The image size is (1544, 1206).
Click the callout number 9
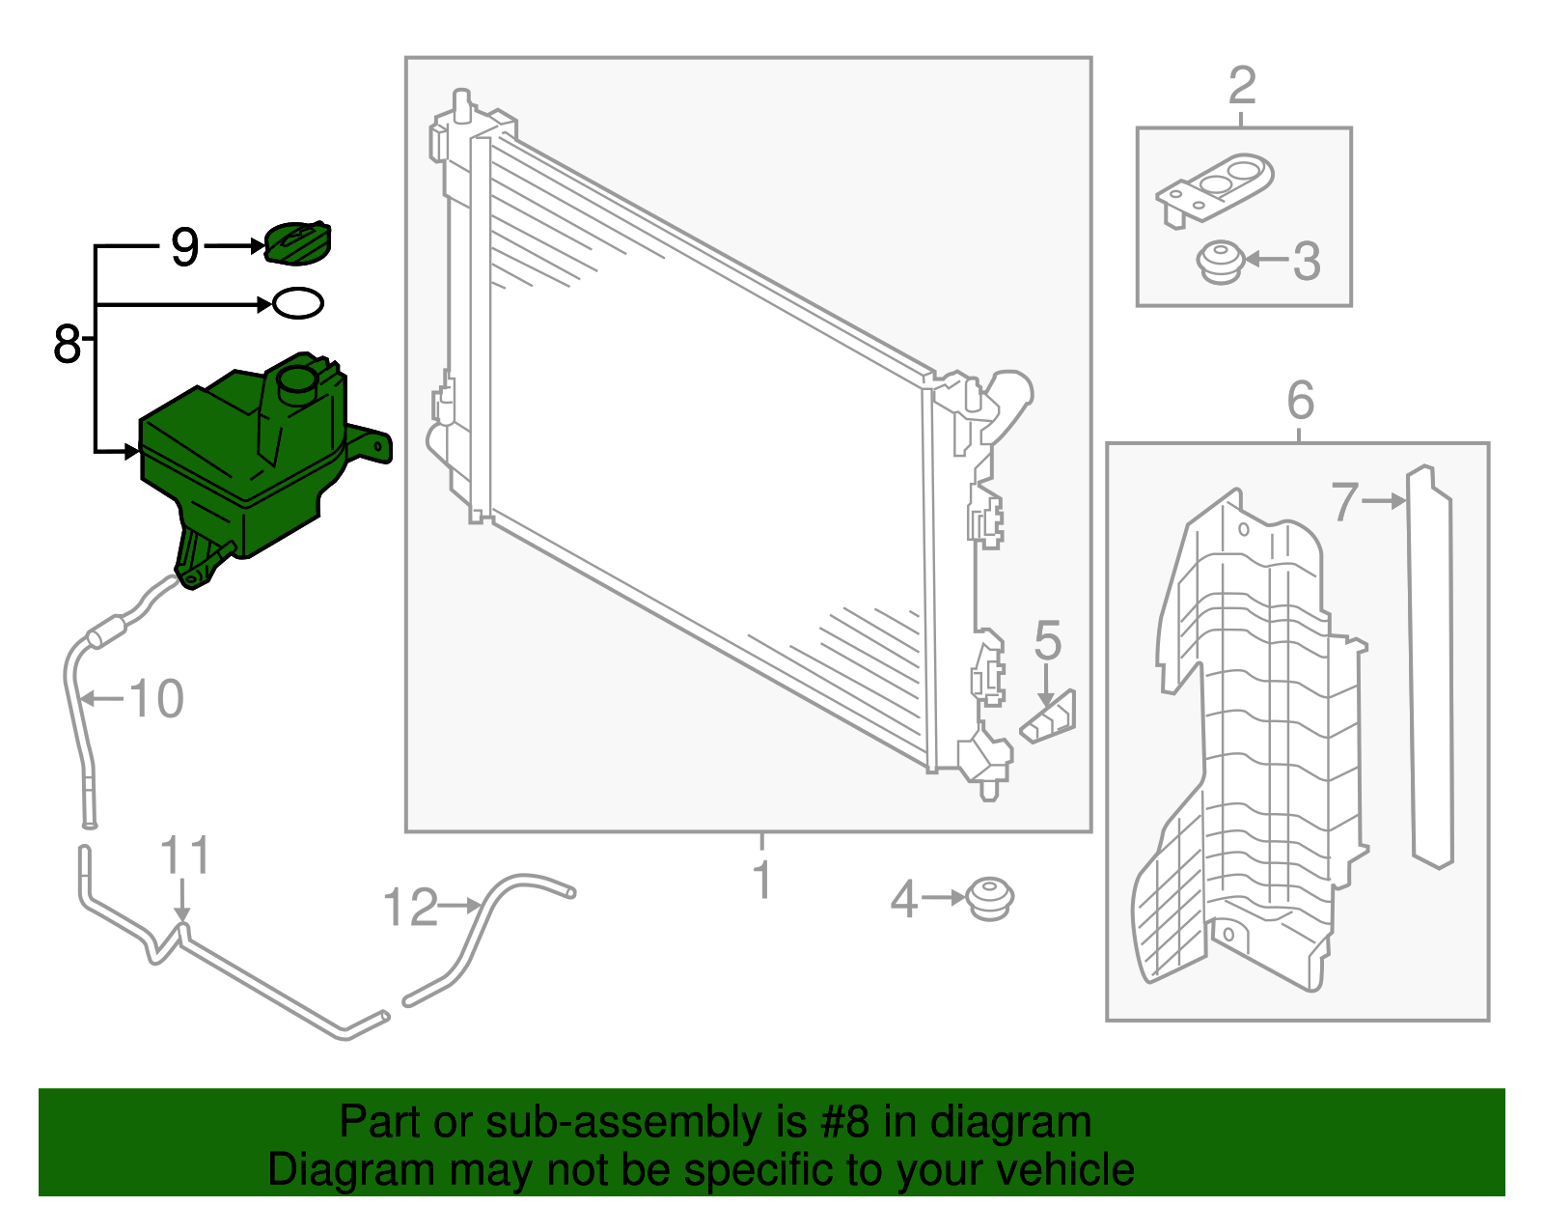[x=184, y=247]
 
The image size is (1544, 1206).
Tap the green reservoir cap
[x=297, y=242]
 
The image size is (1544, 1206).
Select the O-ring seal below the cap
[x=297, y=303]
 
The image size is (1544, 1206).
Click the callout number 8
[x=67, y=344]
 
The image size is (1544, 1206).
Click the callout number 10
[x=155, y=699]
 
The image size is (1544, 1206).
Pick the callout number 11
[x=184, y=855]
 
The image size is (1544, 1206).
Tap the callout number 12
[x=410, y=908]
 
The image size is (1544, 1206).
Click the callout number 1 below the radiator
[x=762, y=880]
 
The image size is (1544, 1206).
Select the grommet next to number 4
[x=989, y=899]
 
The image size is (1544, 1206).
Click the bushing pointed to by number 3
[x=1220, y=262]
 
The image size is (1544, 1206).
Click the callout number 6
[x=1300, y=399]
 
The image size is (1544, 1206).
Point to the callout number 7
[x=1344, y=502]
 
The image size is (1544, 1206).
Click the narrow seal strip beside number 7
[x=1431, y=666]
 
